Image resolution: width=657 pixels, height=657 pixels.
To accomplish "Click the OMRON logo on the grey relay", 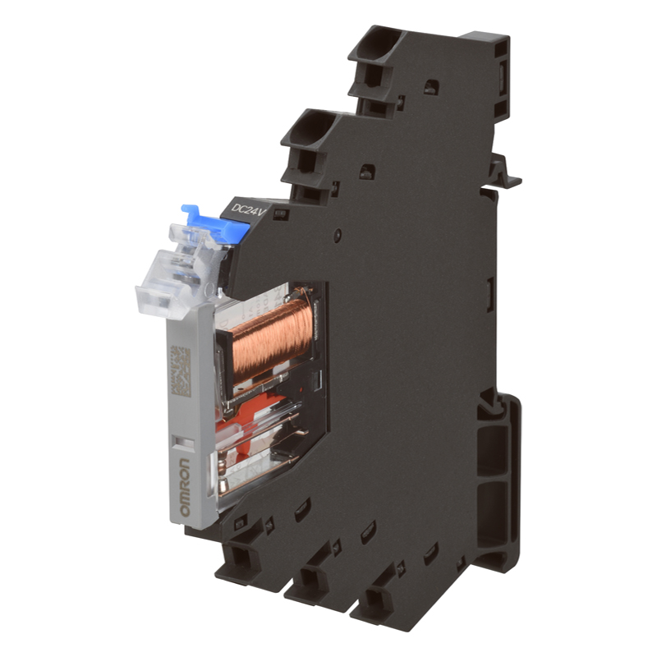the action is (x=184, y=487).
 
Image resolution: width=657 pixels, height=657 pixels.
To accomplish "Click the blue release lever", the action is (x=216, y=223).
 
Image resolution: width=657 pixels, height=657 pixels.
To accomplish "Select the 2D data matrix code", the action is (x=181, y=371).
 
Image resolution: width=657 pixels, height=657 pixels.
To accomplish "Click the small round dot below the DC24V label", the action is (x=337, y=235).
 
